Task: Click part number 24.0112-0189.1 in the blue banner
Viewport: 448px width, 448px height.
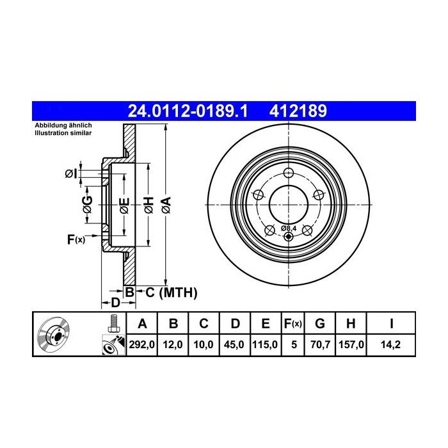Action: [188, 111]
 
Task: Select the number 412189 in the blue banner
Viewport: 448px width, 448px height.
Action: [298, 111]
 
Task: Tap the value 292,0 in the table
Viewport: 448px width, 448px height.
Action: [141, 344]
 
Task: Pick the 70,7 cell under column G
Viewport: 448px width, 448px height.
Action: [320, 344]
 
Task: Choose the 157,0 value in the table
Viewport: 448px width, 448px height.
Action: [351, 344]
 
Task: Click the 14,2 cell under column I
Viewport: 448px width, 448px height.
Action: [390, 344]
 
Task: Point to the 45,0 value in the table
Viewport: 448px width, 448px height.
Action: [234, 344]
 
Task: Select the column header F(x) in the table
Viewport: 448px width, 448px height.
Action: [293, 324]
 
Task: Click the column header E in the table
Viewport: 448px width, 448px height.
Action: [266, 324]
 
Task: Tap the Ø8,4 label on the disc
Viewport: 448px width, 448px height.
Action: [289, 228]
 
